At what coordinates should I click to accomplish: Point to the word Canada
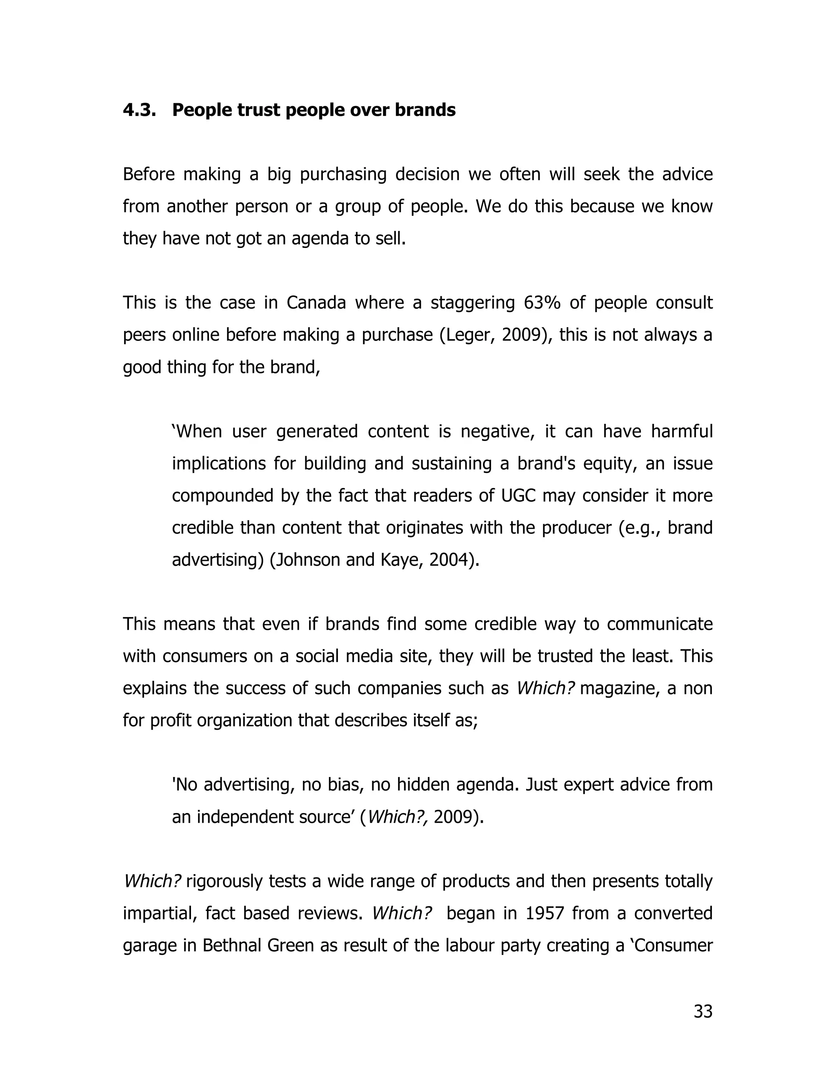click(x=316, y=302)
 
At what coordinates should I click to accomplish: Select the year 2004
click(x=452, y=560)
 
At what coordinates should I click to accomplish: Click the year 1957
click(x=545, y=913)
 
